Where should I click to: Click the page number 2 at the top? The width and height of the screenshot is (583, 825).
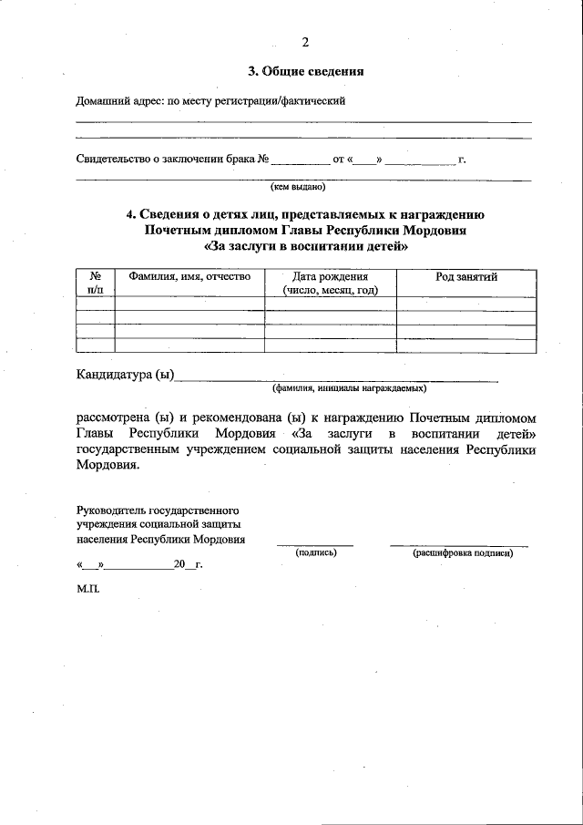(305, 41)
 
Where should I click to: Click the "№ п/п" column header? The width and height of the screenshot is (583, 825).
(95, 283)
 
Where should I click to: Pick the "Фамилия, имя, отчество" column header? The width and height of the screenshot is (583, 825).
(189, 276)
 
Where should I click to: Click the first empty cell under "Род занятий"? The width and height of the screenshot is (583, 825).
(466, 304)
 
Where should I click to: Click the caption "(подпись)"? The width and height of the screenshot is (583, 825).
(316, 552)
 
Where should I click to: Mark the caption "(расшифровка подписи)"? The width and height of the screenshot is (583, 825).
(462, 552)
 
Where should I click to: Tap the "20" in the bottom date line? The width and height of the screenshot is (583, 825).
(179, 565)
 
